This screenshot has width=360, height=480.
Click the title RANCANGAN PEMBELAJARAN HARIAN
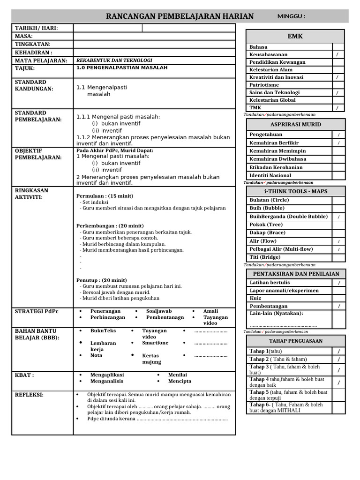[180, 16]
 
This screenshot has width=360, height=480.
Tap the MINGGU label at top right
[292, 16]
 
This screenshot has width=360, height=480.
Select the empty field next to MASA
[154, 36]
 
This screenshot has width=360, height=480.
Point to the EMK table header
[295, 36]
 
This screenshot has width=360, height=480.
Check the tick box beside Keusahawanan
[338, 55]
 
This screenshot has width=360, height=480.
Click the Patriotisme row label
[264, 85]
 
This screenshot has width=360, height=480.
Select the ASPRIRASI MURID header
[296, 124]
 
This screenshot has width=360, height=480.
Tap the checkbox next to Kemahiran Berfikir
[338, 142]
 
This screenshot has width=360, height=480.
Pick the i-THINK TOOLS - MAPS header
[296, 191]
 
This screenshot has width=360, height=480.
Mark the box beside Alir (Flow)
[338, 241]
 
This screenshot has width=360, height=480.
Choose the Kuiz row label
[256, 298]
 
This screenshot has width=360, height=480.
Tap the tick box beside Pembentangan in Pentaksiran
[338, 306]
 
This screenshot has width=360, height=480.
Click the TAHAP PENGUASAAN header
[296, 341]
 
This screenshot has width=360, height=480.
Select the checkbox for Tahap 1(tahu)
[338, 351]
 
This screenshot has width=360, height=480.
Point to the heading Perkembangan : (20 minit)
[110, 225]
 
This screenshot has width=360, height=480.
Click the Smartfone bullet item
[155, 343]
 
